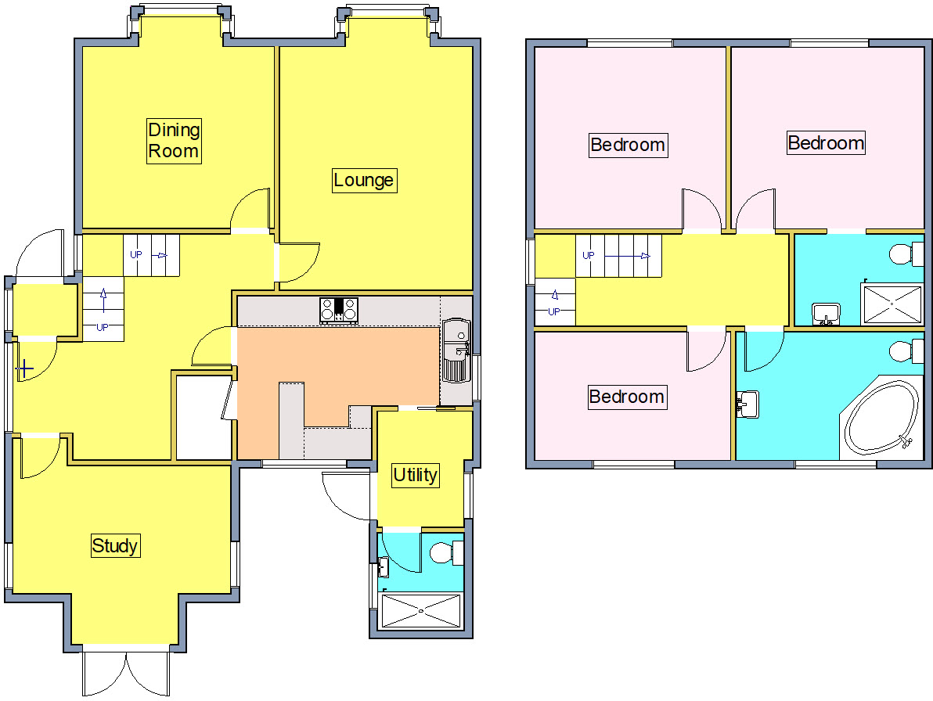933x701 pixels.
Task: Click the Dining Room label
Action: click(x=174, y=140)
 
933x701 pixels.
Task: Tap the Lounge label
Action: click(x=364, y=180)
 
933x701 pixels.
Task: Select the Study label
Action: click(x=115, y=545)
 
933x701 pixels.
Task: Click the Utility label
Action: click(x=416, y=475)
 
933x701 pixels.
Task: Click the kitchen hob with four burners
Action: click(x=339, y=311)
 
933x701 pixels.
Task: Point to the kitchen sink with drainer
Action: click(x=456, y=350)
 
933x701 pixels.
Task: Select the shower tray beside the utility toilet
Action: click(x=421, y=610)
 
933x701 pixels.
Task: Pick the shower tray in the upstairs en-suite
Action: click(x=892, y=304)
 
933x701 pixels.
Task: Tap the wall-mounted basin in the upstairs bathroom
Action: click(x=747, y=404)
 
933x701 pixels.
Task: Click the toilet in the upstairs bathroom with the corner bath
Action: click(x=906, y=350)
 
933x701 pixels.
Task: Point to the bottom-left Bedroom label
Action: click(x=626, y=397)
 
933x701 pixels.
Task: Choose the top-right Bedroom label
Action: click(x=826, y=142)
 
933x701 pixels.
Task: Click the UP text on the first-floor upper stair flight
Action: click(x=589, y=255)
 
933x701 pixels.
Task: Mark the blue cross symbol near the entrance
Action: click(x=24, y=369)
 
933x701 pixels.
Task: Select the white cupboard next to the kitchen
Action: click(x=204, y=417)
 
